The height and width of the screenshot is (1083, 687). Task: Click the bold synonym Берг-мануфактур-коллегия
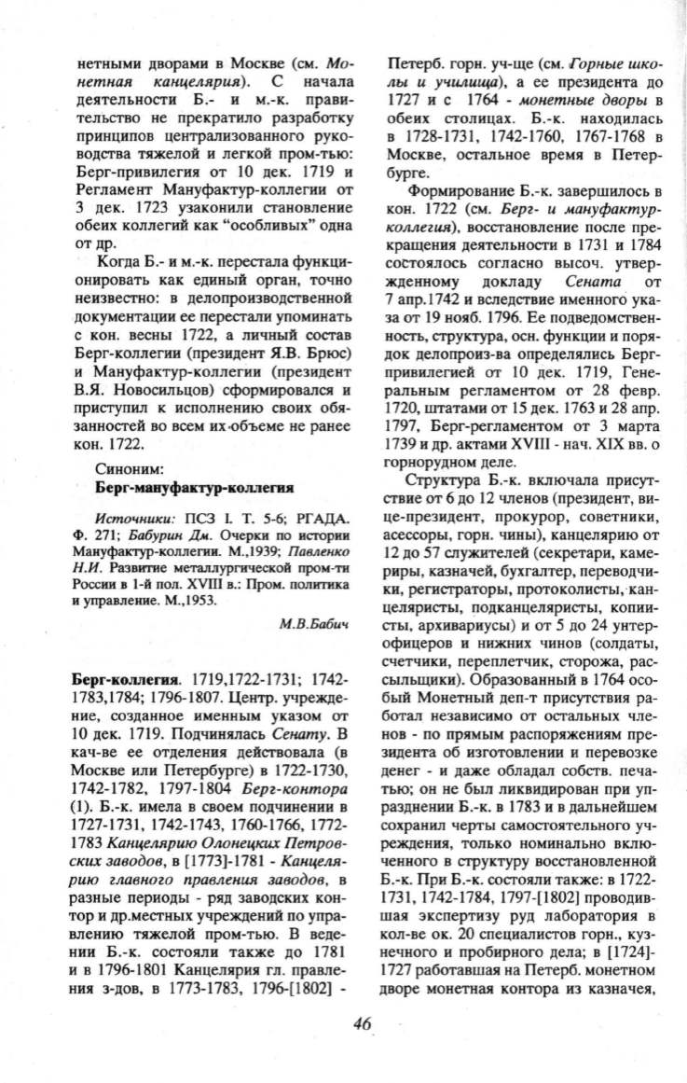[195, 487]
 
